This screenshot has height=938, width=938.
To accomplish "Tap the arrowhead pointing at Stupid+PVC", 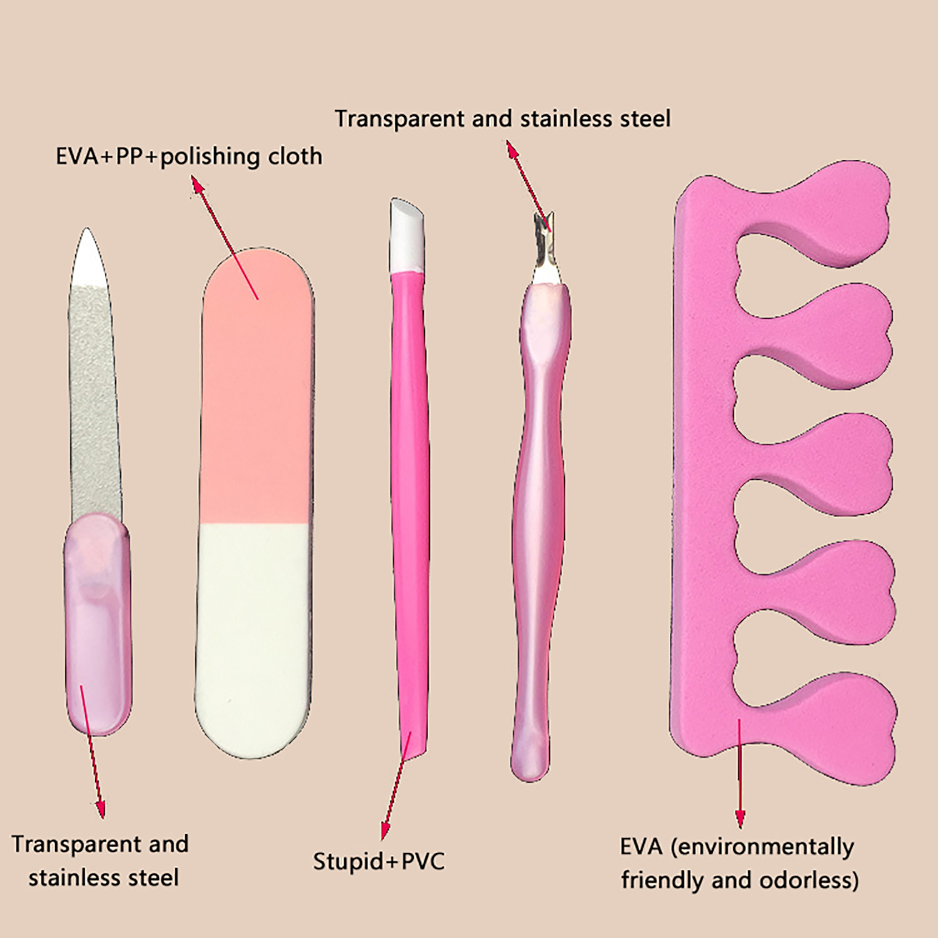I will coord(385,831).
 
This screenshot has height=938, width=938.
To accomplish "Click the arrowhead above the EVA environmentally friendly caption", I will coord(740,820).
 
